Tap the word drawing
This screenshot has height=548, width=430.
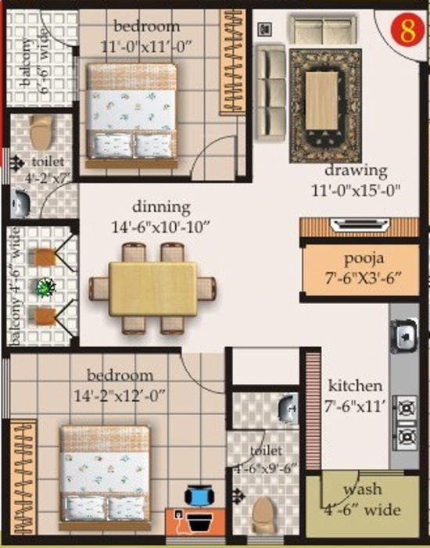(357, 170)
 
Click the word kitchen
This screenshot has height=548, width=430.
(356, 385)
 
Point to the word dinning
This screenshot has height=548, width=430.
(161, 208)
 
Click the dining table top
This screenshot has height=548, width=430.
(153, 287)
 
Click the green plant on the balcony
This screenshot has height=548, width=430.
(45, 288)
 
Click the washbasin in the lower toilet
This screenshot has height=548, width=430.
(286, 407)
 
